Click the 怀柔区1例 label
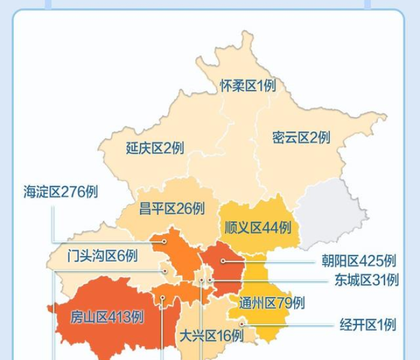point(248,86)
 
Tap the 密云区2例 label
point(301,137)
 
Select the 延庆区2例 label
point(155,148)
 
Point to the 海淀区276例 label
point(61,191)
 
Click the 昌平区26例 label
point(172,209)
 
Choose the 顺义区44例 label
point(257,227)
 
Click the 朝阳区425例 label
point(359,261)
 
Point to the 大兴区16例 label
point(211,335)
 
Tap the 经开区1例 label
point(368,325)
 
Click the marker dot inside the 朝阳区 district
point(223,261)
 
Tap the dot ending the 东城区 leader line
point(211,280)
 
